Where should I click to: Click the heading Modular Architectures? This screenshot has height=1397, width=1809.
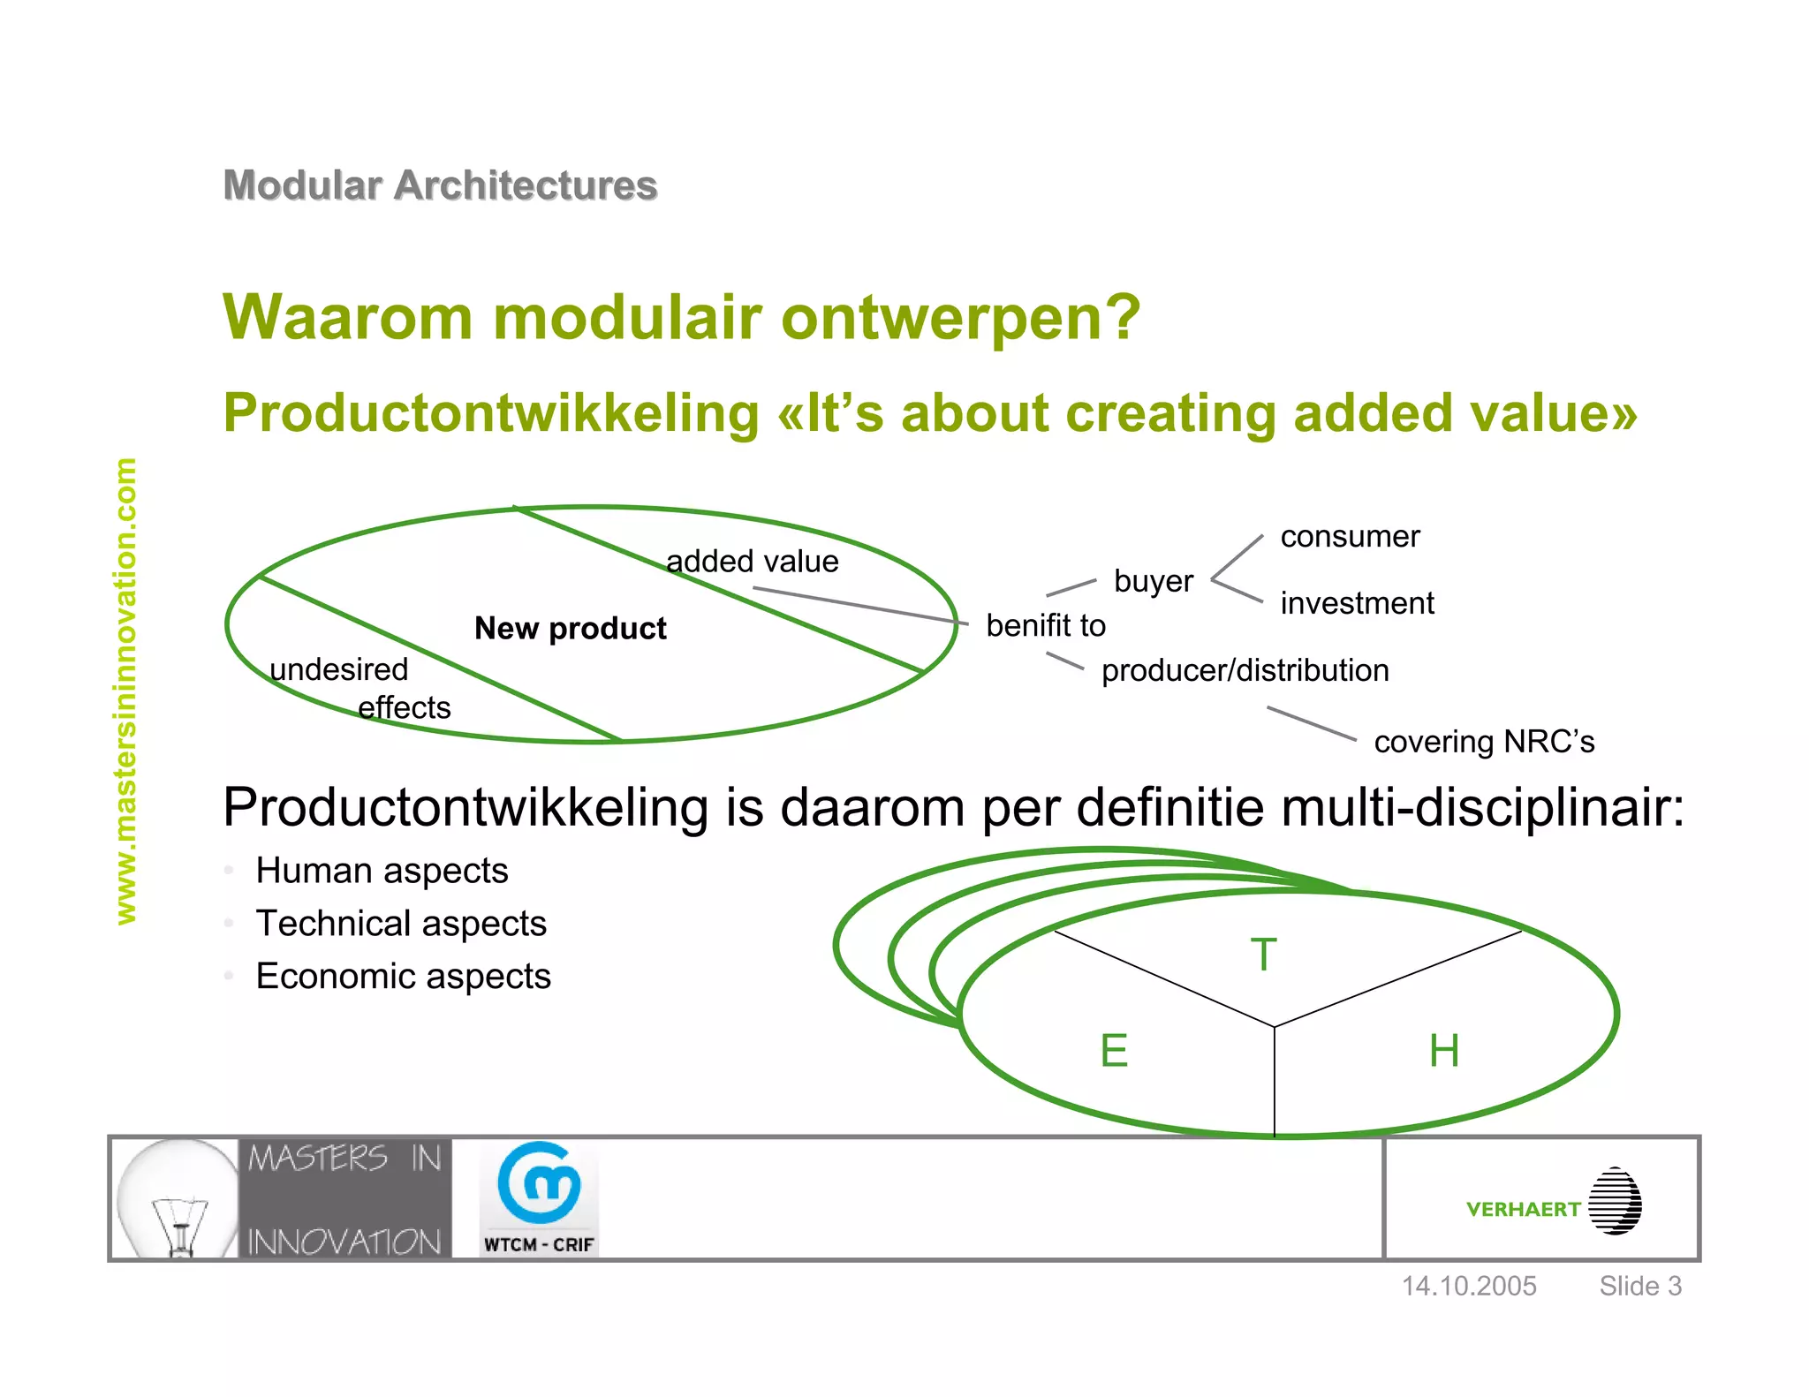440,185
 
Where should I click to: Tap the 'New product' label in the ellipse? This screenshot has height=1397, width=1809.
570,628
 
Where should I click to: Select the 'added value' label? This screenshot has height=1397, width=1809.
752,562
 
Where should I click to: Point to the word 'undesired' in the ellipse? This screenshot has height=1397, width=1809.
338,669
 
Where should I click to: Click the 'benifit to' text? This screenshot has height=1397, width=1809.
1045,625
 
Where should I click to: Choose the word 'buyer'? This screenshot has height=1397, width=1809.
1153,581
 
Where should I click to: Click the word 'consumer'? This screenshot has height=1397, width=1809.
1350,536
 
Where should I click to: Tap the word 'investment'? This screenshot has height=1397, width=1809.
1357,603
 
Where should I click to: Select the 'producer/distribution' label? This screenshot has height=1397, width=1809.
1245,670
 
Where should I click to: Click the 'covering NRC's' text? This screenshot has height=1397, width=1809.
1484,742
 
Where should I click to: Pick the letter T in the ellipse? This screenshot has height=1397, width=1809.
1264,955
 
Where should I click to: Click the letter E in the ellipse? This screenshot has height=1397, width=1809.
1114,1051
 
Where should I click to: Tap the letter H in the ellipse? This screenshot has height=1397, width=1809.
1444,1051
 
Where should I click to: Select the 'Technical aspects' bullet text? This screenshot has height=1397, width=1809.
401,924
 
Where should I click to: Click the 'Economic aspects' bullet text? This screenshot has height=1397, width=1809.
403,977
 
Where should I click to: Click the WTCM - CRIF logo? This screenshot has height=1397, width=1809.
539,1198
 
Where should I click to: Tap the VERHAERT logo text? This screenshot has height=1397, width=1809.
1523,1209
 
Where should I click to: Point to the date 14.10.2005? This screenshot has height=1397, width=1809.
1469,1286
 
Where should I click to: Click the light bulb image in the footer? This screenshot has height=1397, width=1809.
177,1199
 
